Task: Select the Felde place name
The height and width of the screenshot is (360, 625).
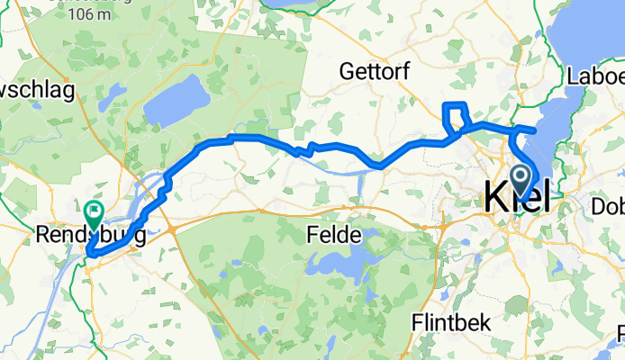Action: coord(334,236)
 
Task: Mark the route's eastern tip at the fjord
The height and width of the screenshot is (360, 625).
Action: coord(536,130)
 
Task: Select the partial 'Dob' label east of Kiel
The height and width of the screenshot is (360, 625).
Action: coord(608,206)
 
